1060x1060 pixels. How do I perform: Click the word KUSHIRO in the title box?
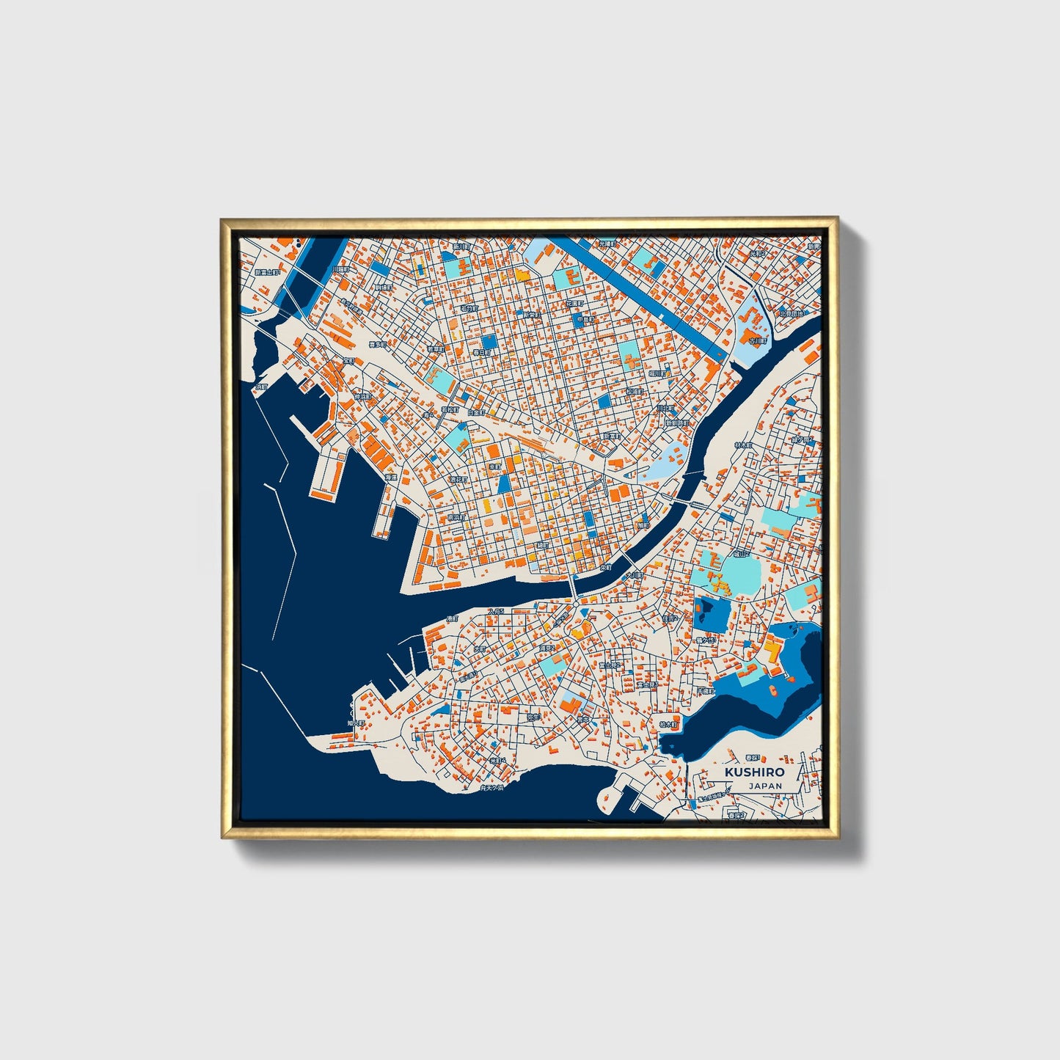[754, 772]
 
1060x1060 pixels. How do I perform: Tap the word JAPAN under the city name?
[765, 786]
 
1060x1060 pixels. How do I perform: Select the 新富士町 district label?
[267, 272]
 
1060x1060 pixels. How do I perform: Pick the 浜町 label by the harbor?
[262, 386]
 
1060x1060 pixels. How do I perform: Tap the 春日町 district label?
[481, 353]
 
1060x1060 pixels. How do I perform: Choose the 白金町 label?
[476, 413]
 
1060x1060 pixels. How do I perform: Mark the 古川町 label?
[757, 340]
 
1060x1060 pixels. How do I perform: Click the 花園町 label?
[574, 302]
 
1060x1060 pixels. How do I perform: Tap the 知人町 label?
[356, 723]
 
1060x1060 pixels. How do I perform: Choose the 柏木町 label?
[670, 723]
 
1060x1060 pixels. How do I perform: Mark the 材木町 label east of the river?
[744, 445]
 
